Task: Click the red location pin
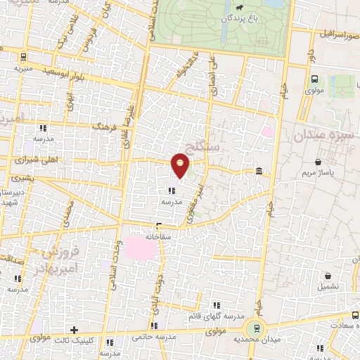181,166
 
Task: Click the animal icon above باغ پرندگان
240,9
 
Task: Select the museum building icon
259,172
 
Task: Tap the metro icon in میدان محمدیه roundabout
256,326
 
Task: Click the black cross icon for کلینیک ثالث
74,329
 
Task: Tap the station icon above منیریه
25,58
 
